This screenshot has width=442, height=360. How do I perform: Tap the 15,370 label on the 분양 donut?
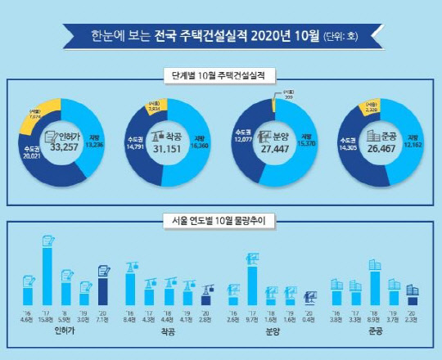[x=304, y=144]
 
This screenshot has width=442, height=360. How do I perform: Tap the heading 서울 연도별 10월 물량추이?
[x=221, y=219]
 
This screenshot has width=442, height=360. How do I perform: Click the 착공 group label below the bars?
[x=169, y=333]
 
